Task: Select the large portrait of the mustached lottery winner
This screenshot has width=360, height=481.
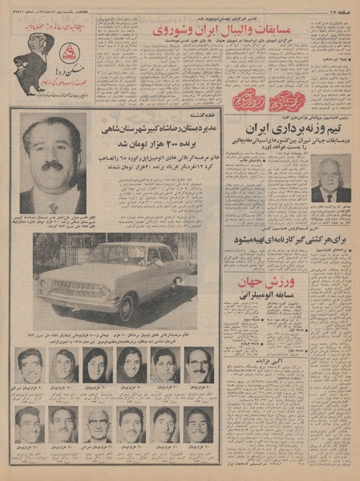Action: pos(53,164)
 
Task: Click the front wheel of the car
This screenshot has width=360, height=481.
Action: pos(126,305)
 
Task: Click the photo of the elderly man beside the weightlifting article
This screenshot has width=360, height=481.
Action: pos(331,180)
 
